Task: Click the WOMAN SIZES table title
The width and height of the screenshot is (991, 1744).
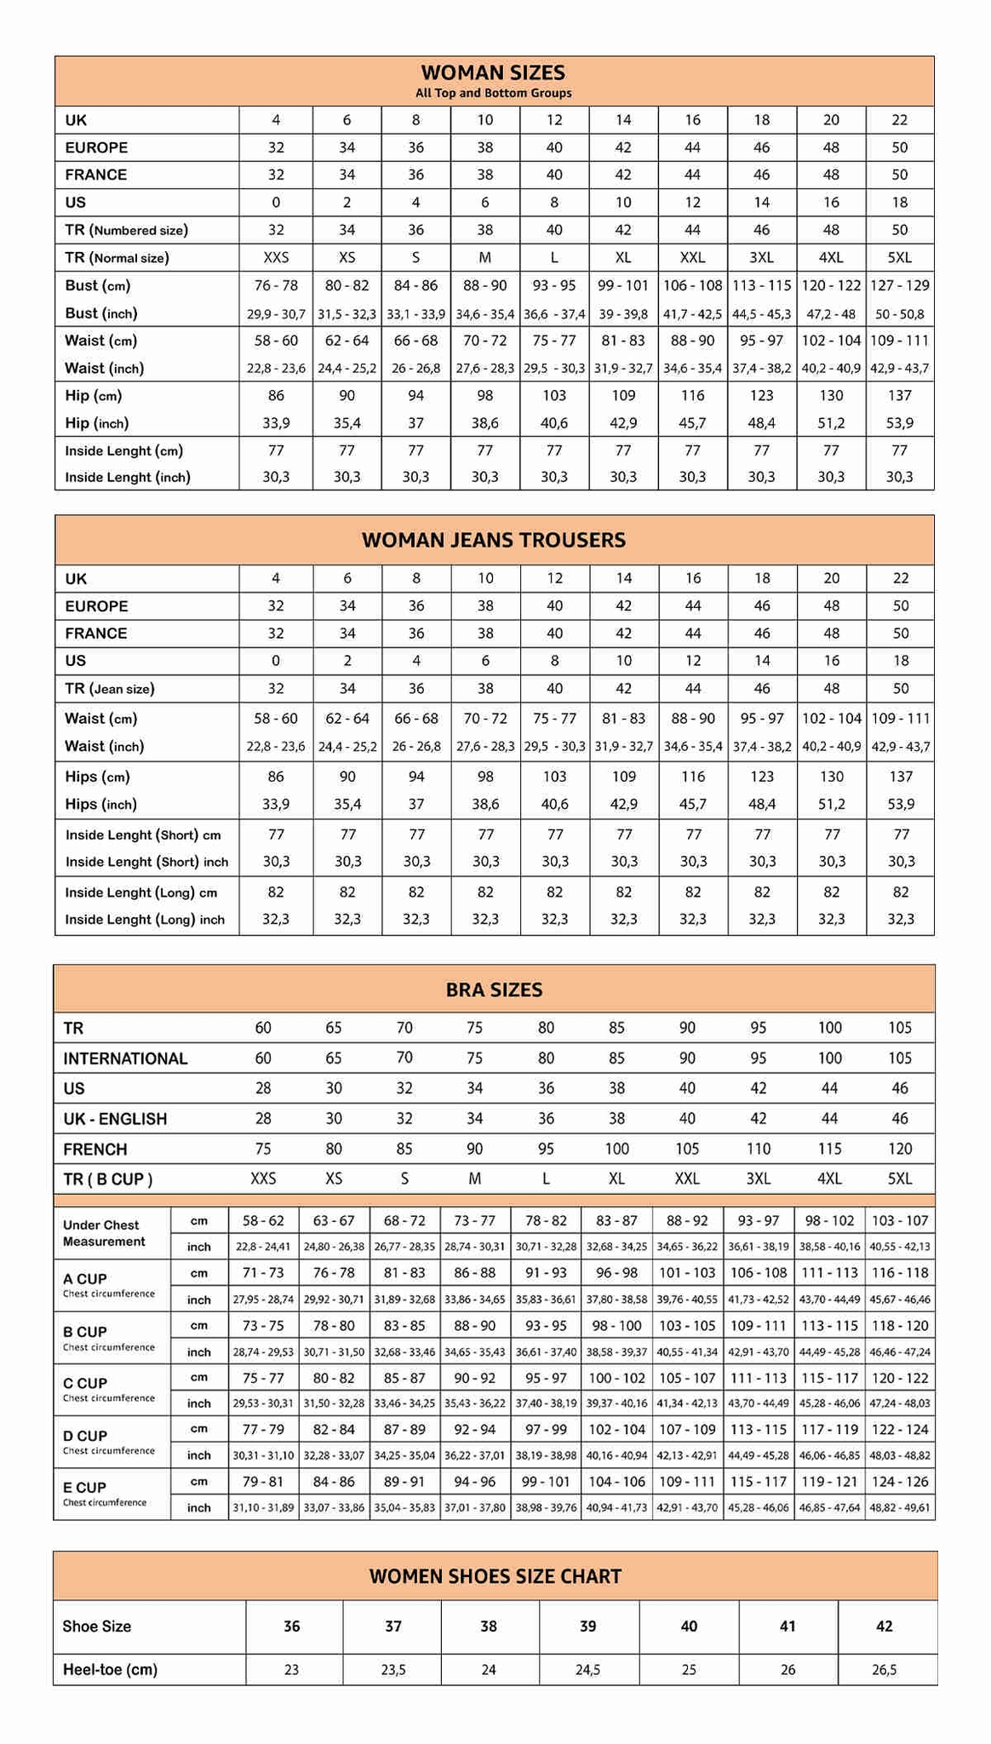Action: pyautogui.click(x=493, y=72)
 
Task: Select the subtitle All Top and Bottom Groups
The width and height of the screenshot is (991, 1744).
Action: pyautogui.click(x=493, y=94)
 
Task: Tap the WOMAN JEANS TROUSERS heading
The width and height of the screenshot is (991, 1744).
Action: pyautogui.click(x=493, y=540)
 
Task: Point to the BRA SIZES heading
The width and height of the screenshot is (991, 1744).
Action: pyautogui.click(x=494, y=990)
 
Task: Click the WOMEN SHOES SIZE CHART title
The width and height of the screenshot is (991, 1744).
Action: pyautogui.click(x=495, y=1576)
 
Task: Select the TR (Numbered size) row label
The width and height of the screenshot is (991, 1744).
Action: pyautogui.click(x=126, y=230)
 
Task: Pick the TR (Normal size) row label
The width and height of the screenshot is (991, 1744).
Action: pyautogui.click(x=117, y=258)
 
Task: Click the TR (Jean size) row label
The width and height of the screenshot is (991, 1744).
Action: pyautogui.click(x=109, y=689)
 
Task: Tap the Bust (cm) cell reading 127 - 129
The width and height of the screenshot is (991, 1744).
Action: pyautogui.click(x=900, y=285)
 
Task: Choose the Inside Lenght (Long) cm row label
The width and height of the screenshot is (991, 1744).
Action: pyautogui.click(x=141, y=892)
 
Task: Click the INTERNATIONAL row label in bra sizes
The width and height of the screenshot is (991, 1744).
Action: pyautogui.click(x=125, y=1058)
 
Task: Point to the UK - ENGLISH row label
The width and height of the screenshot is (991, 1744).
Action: pyautogui.click(x=115, y=1119)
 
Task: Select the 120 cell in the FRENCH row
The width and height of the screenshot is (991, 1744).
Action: pyautogui.click(x=900, y=1149)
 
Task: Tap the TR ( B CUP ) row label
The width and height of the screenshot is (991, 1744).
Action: pyautogui.click(x=108, y=1179)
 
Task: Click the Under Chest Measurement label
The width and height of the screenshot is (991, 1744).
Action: pyautogui.click(x=104, y=1233)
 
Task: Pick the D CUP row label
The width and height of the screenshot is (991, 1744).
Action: pyautogui.click(x=85, y=1437)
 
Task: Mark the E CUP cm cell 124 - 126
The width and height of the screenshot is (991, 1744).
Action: pyautogui.click(x=900, y=1482)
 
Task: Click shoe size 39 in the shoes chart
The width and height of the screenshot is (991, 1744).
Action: pyautogui.click(x=588, y=1626)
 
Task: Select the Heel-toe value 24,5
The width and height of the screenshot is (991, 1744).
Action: pyautogui.click(x=588, y=1670)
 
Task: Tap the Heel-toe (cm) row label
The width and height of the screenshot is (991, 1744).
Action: pyautogui.click(x=110, y=1670)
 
